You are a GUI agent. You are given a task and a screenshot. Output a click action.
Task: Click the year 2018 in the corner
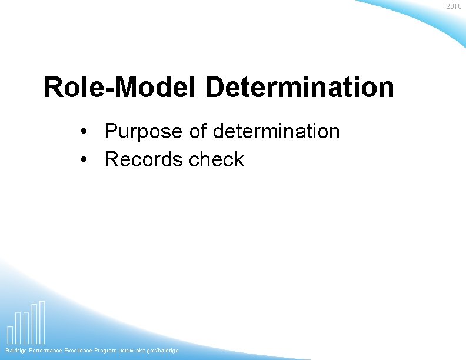pos(454,6)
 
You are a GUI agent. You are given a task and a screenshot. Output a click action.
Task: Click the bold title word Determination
pos(299,88)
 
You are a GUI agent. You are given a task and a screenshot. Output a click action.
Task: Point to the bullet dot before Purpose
pos(85,132)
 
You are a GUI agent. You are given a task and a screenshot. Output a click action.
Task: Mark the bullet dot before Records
pos(85,160)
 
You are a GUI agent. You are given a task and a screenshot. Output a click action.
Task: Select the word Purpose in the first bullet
pos(144,132)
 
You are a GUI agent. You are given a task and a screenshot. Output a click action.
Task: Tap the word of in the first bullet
pos(198,131)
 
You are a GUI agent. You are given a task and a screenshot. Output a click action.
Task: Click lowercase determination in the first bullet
pos(276,131)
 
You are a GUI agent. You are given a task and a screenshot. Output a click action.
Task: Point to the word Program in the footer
pos(105,351)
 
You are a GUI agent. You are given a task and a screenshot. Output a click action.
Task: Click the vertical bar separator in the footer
pos(119,351)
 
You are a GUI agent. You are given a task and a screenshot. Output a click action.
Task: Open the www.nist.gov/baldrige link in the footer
pos(149,351)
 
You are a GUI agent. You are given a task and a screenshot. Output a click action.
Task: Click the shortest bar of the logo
pos(11,334)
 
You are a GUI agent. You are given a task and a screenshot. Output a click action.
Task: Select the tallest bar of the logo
pos(42,322)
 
